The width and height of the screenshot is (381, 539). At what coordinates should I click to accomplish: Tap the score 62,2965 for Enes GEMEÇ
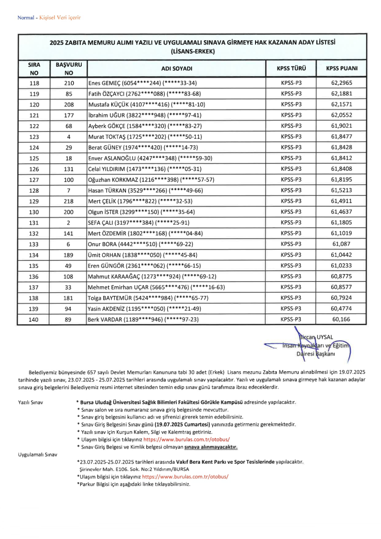click(x=341, y=83)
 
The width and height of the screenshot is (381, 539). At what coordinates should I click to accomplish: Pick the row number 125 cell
click(x=34, y=158)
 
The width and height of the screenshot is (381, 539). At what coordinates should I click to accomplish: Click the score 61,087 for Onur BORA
click(x=341, y=244)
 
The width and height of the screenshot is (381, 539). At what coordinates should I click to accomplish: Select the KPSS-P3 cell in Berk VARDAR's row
click(x=291, y=319)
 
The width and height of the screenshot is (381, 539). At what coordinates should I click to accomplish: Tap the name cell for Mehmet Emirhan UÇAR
click(x=157, y=287)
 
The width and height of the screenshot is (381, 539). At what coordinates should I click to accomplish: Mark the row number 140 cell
click(x=34, y=319)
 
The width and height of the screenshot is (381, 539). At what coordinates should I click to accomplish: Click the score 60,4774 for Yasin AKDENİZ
click(x=341, y=309)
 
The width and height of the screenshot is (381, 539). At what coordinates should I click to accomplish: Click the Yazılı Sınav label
click(x=31, y=402)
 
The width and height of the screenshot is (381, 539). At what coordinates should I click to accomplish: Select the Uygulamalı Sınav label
click(x=38, y=454)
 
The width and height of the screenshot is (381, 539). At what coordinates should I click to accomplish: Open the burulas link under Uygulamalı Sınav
click(x=185, y=476)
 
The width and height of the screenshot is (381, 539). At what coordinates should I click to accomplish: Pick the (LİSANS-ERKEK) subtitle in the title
click(x=193, y=51)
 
